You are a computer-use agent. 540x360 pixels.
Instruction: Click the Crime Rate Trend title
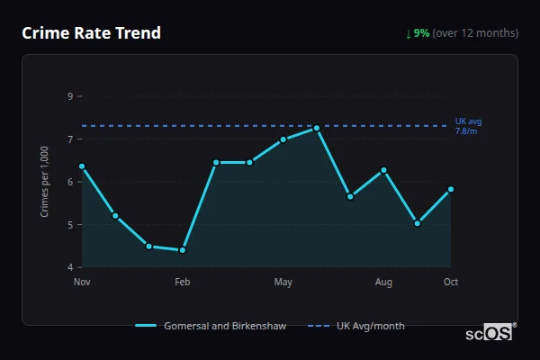pyautogui.click(x=91, y=33)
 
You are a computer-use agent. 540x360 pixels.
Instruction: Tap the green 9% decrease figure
pyautogui.click(x=421, y=33)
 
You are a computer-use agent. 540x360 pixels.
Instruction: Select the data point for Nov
pyautogui.click(x=82, y=166)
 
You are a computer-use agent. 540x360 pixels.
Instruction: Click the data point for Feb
pyautogui.click(x=183, y=250)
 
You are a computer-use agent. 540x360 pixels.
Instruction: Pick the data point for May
pyautogui.click(x=283, y=139)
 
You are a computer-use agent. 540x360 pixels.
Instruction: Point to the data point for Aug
pyautogui.click(x=383, y=170)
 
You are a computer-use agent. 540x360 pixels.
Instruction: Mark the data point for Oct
pyautogui.click(x=450, y=189)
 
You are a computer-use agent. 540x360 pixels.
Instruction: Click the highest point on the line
pyautogui.click(x=317, y=128)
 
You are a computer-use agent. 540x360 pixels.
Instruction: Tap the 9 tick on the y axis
pyautogui.click(x=69, y=96)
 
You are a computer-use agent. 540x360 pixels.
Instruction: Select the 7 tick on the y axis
pyautogui.click(x=69, y=139)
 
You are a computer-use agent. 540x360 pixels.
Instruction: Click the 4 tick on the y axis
pyautogui.click(x=69, y=267)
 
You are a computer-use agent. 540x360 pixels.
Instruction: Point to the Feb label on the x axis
pyautogui.click(x=183, y=283)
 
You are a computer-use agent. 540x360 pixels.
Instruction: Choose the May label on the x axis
pyautogui.click(x=283, y=283)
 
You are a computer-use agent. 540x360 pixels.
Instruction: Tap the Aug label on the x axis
pyautogui.click(x=383, y=283)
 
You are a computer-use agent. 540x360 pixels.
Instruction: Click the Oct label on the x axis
pyautogui.click(x=451, y=283)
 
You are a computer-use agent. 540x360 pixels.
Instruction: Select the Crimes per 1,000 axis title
pyautogui.click(x=45, y=182)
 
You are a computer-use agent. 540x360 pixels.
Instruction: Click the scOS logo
pyautogui.click(x=490, y=332)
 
